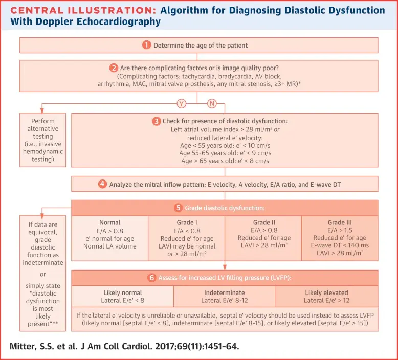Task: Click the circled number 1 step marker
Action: (147, 45)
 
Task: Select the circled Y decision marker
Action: (181, 104)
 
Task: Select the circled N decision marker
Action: (212, 104)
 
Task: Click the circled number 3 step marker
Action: (156, 121)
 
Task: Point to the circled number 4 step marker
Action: (103, 184)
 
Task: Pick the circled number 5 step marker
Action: (178, 208)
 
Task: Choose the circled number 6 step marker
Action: (152, 278)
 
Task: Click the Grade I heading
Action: (187, 223)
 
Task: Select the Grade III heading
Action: (340, 223)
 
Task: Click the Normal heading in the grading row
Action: (109, 223)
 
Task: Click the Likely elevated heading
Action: (327, 293)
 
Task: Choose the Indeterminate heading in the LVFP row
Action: (225, 293)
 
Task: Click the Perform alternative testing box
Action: (43, 140)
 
